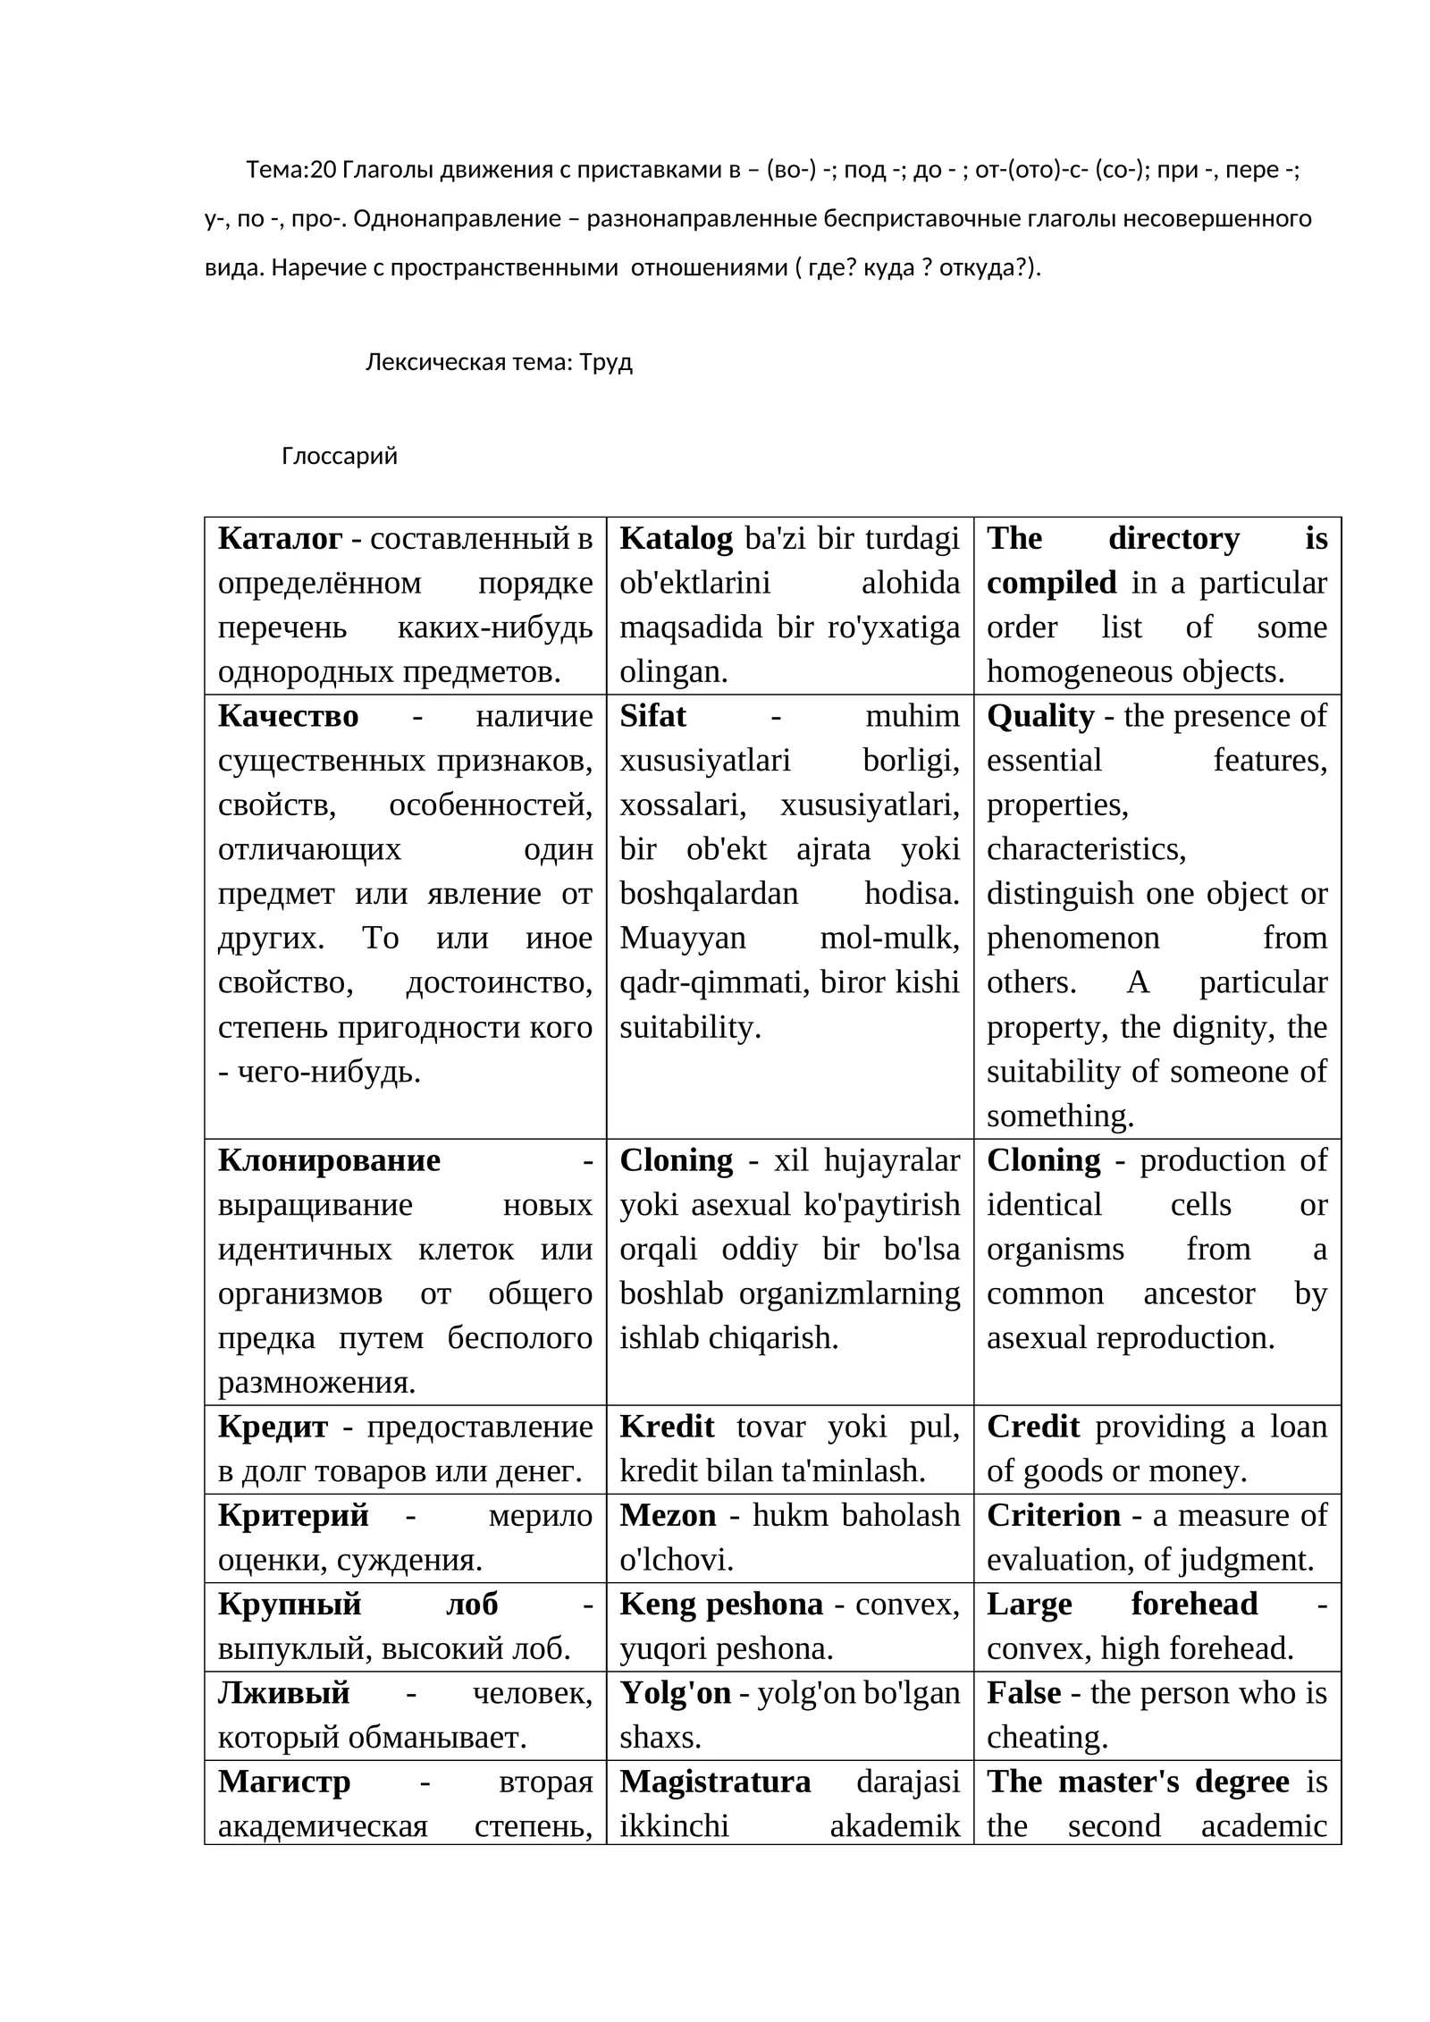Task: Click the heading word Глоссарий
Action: click(339, 456)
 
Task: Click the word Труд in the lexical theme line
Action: click(605, 362)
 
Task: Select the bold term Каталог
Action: click(280, 538)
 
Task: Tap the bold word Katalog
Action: click(676, 538)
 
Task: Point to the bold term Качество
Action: click(288, 716)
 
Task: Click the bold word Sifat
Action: click(652, 716)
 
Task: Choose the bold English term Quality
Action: click(1040, 716)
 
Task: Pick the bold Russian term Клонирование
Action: click(329, 1160)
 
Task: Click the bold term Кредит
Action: click(273, 1427)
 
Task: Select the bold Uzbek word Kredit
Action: click(667, 1427)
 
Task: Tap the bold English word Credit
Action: click(1033, 1427)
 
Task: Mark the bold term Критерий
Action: click(293, 1515)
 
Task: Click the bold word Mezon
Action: click(668, 1515)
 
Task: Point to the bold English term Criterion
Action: click(1054, 1515)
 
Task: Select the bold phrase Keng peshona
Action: click(721, 1605)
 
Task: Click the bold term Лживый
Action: click(283, 1693)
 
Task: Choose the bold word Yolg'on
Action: click(675, 1693)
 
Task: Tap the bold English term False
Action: click(1023, 1693)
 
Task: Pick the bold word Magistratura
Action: click(715, 1782)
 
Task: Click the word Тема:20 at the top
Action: click(290, 170)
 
